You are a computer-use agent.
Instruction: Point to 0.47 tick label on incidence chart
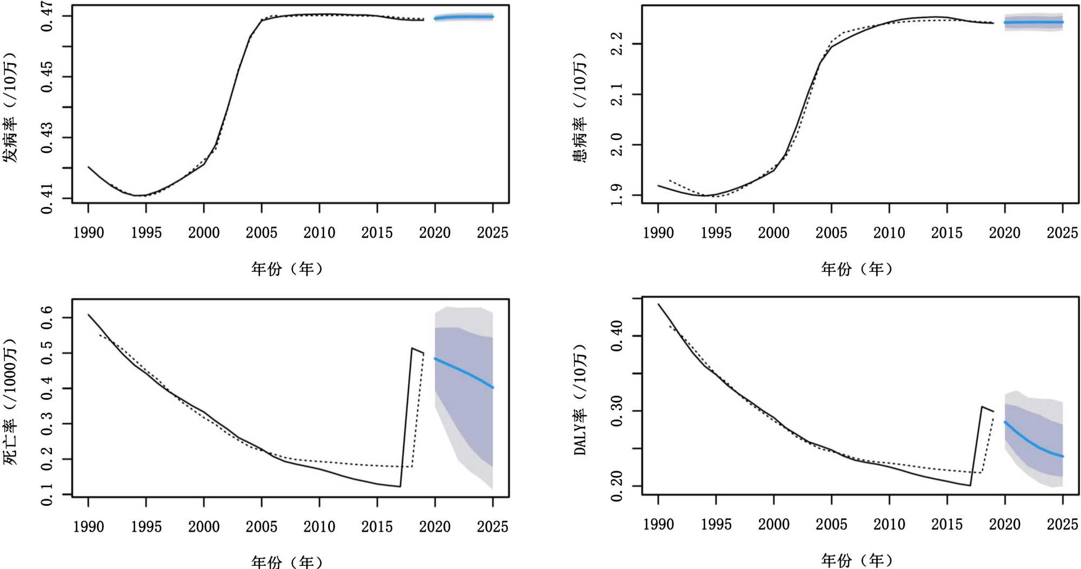48,16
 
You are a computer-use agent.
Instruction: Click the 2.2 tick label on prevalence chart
616,43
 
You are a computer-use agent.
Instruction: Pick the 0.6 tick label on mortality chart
48,317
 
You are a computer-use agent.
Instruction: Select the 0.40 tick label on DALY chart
616,336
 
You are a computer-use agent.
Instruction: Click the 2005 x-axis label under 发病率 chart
262,233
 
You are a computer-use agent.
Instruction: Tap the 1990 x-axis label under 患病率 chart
658,233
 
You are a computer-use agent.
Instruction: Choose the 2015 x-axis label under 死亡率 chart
377,527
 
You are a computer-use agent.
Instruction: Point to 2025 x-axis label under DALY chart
1062,524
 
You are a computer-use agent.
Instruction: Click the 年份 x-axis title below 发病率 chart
287,269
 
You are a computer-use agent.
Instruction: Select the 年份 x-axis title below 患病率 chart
857,269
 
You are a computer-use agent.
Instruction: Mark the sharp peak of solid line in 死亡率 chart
412,349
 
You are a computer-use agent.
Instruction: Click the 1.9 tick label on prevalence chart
616,195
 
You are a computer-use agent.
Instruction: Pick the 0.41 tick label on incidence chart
48,199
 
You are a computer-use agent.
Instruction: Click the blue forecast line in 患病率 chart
1033,23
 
